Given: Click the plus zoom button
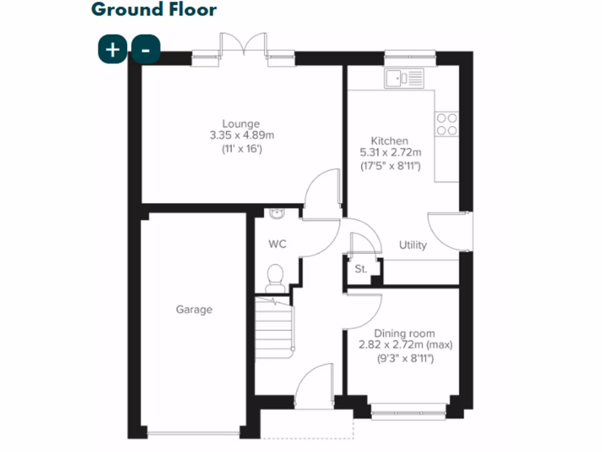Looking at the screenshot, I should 112,49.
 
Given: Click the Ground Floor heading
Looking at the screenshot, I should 154,10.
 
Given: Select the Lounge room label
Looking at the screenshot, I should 241,124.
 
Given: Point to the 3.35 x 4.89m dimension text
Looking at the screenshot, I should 242,135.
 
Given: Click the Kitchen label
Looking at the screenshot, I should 389,141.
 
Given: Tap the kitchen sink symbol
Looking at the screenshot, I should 404,78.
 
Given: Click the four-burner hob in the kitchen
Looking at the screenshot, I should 446,124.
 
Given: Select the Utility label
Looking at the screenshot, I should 413,245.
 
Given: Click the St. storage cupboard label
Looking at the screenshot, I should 361,270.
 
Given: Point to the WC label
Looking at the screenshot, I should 277,244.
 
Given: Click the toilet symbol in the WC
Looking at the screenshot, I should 275,277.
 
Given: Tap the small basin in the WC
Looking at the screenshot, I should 277,214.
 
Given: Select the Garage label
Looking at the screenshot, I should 194,310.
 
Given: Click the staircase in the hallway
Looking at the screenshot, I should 274,327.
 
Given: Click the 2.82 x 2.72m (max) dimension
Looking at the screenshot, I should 406,345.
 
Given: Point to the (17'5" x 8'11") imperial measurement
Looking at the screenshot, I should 391,166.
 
